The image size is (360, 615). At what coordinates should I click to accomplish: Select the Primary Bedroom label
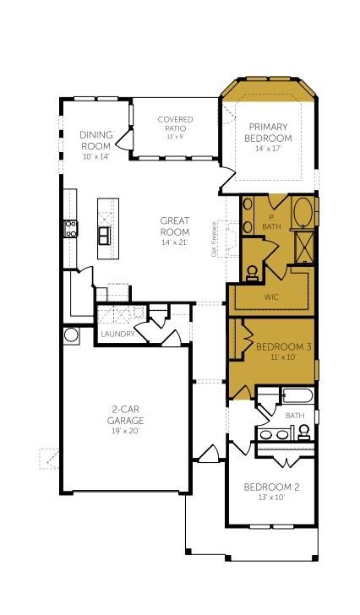(268, 133)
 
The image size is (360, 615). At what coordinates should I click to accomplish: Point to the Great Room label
(175, 226)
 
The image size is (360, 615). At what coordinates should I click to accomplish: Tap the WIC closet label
(272, 297)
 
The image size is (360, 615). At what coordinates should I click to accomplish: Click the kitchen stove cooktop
(69, 226)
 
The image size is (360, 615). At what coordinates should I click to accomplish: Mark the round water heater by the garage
(71, 335)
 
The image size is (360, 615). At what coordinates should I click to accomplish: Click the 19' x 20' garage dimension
(123, 431)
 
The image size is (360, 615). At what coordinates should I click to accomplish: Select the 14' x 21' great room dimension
(175, 242)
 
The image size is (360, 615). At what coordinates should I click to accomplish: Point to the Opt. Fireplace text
(226, 242)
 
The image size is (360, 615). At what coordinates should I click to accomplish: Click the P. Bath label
(271, 222)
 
